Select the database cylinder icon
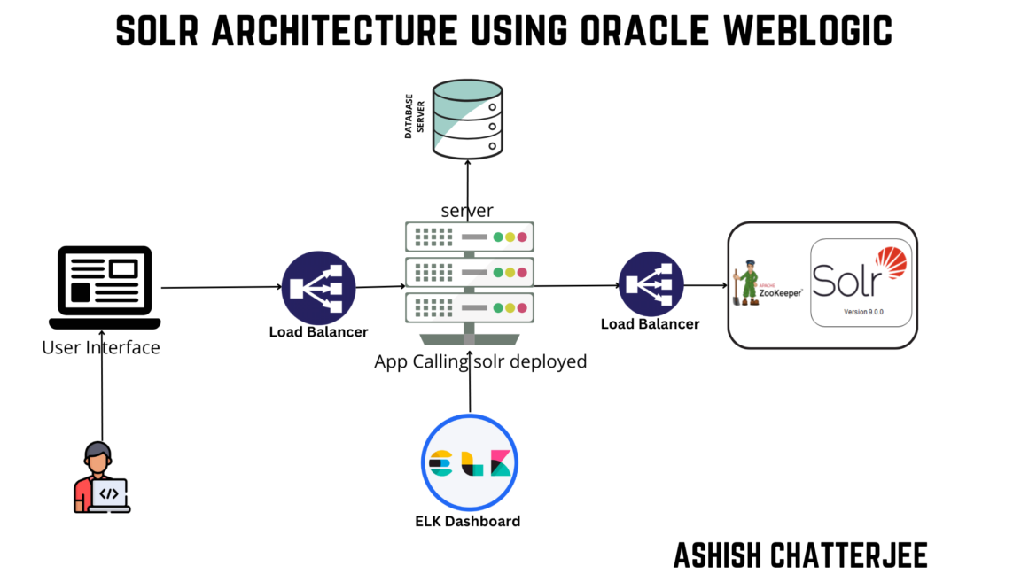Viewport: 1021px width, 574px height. pyautogui.click(x=467, y=119)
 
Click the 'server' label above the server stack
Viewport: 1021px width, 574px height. pyautogui.click(x=467, y=211)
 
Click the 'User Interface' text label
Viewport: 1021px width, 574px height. pyautogui.click(x=101, y=347)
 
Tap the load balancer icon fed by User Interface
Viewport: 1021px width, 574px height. pyautogui.click(x=318, y=288)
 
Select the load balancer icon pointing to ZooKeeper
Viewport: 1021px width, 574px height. pyautogui.click(x=651, y=286)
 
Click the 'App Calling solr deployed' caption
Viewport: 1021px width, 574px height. pyautogui.click(x=480, y=361)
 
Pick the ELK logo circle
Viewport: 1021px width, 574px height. pyautogui.click(x=469, y=462)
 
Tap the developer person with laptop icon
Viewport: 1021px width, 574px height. pyautogui.click(x=100, y=478)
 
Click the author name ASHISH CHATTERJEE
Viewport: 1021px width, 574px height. pyautogui.click(x=800, y=555)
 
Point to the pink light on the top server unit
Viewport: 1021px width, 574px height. pyautogui.click(x=522, y=237)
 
